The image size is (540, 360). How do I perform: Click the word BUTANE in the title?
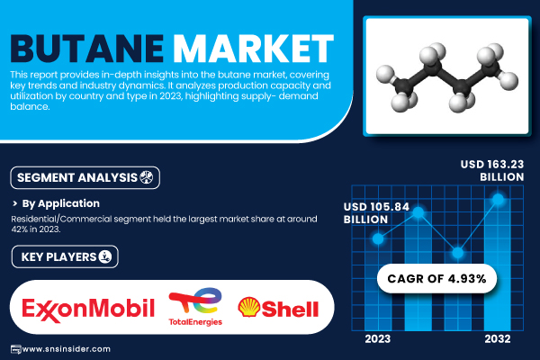tap(86, 49)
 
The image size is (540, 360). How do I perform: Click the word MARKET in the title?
tap(254, 49)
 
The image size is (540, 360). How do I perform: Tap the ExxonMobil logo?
tap(88, 310)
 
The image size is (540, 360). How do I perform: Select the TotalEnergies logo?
tap(195, 307)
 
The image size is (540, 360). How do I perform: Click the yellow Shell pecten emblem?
tap(249, 307)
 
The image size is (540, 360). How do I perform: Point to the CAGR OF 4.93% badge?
tap(436, 278)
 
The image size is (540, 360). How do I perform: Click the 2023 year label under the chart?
tap(378, 339)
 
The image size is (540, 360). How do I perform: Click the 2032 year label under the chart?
tap(498, 339)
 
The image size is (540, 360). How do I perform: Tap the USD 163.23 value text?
tap(492, 165)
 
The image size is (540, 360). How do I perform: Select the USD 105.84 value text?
tap(376, 207)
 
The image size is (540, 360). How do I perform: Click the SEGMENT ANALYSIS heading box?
tap(85, 178)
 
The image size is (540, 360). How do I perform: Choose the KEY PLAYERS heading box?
tap(65, 256)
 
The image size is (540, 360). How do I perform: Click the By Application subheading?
tap(60, 203)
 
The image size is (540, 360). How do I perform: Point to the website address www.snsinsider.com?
tap(67, 349)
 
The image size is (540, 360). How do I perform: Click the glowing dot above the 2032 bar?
tap(498, 199)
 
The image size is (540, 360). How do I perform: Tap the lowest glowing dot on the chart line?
tap(458, 253)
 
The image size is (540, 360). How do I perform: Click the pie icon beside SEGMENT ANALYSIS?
tap(147, 177)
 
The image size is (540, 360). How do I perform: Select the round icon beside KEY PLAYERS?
tap(105, 256)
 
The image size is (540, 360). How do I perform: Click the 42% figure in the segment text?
tap(16, 229)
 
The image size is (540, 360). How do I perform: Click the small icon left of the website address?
tap(16, 349)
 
